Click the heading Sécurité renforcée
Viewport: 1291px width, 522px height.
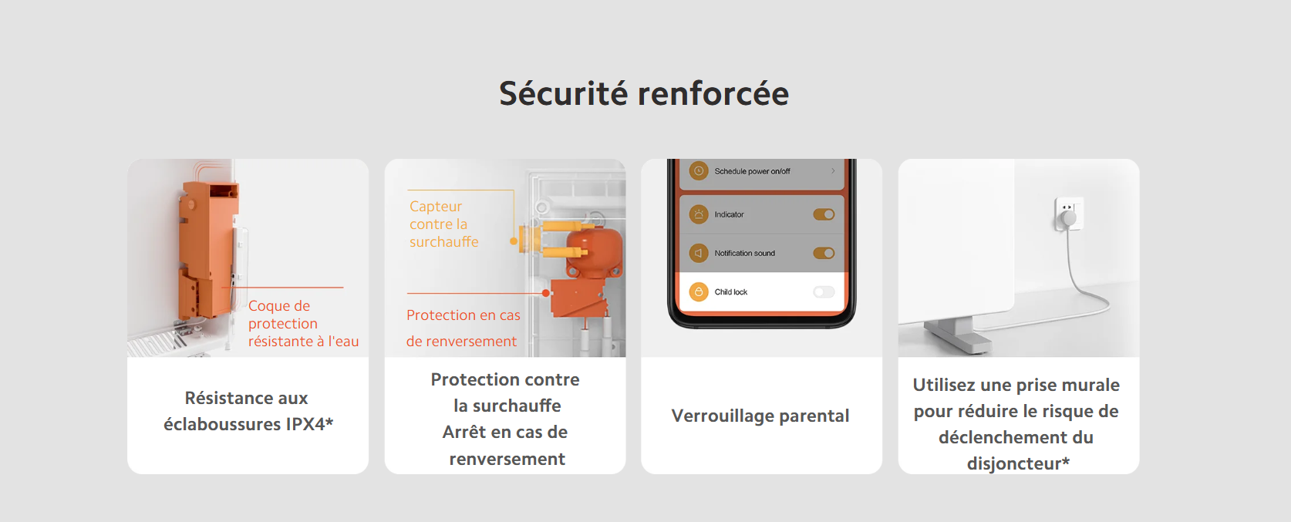pyautogui.click(x=644, y=94)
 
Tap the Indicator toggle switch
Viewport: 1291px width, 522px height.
pyautogui.click(x=824, y=214)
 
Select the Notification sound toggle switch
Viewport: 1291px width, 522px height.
pyautogui.click(x=824, y=253)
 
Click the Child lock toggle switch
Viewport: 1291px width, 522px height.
pyautogui.click(x=824, y=291)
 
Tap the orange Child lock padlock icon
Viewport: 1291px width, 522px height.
pyautogui.click(x=699, y=291)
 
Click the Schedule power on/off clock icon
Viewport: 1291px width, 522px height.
pyautogui.click(x=699, y=171)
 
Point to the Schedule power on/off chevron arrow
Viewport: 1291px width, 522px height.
pyautogui.click(x=833, y=171)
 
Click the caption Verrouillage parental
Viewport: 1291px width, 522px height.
pyautogui.click(x=760, y=416)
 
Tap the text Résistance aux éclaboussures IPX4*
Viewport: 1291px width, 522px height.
pyautogui.click(x=248, y=411)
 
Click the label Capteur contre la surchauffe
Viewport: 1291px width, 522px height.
pyautogui.click(x=443, y=224)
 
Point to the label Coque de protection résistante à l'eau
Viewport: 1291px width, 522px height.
pyautogui.click(x=303, y=324)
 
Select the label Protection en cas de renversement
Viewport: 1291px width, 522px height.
pyautogui.click(x=463, y=328)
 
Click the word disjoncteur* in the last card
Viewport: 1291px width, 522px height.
pyautogui.click(x=1018, y=463)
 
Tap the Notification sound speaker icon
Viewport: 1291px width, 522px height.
pyautogui.click(x=699, y=253)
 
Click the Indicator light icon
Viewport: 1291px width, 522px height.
pyautogui.click(x=699, y=214)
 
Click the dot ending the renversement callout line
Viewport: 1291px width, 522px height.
pyautogui.click(x=546, y=293)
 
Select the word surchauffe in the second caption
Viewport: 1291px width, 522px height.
pyautogui.click(x=517, y=406)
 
